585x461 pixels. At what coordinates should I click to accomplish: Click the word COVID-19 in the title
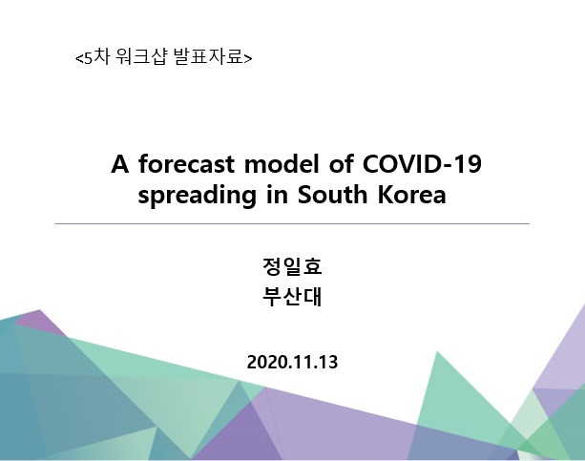(422, 164)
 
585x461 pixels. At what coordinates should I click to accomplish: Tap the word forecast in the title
(186, 164)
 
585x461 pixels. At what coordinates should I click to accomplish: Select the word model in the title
(282, 164)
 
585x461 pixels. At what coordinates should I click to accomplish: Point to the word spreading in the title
(197, 196)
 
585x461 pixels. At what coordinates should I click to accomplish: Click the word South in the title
(332, 195)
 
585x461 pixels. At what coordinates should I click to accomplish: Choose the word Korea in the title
(411, 195)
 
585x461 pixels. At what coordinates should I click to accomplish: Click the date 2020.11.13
(292, 362)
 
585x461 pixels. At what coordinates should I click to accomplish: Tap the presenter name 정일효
(292, 266)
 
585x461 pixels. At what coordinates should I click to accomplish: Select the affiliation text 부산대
(292, 297)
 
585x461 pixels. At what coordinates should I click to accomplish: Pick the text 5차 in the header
(96, 57)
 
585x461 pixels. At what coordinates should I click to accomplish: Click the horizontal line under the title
(292, 224)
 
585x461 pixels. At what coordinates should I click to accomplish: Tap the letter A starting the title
(120, 164)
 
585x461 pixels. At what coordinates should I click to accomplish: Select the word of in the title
(341, 164)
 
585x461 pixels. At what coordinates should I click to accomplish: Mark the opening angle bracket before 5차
(79, 58)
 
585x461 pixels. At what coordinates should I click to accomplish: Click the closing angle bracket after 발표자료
(248, 58)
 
